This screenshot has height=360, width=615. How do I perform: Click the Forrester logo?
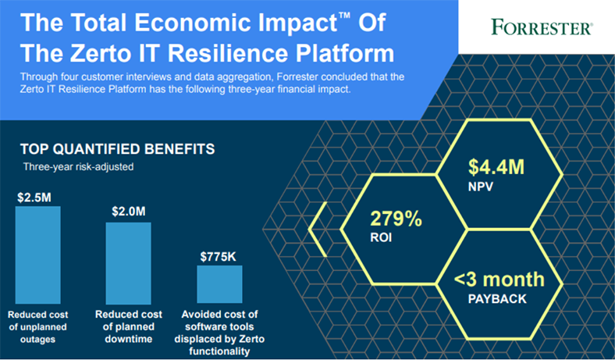(x=542, y=27)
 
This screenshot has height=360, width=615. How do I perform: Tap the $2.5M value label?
(x=34, y=198)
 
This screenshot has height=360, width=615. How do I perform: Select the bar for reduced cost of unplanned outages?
(x=38, y=255)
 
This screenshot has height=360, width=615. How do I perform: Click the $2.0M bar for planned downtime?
(x=128, y=263)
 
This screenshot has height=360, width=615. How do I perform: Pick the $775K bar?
(x=219, y=284)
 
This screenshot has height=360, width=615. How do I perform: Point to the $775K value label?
(x=218, y=257)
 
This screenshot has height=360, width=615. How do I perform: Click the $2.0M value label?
(x=129, y=212)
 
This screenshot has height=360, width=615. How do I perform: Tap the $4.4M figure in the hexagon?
(x=496, y=167)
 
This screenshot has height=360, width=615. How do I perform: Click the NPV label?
(x=481, y=187)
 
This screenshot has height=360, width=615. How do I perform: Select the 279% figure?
(x=396, y=219)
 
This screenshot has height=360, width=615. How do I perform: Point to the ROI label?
(x=381, y=237)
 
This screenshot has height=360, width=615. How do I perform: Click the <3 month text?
(x=499, y=279)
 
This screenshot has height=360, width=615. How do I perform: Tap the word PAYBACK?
(x=497, y=299)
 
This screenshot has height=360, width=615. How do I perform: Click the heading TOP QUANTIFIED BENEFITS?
(x=118, y=149)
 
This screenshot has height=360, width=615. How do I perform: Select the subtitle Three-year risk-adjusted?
(x=79, y=167)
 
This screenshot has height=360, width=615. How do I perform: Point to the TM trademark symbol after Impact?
(x=344, y=16)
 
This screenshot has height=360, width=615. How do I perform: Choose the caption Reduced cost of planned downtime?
(x=129, y=326)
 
